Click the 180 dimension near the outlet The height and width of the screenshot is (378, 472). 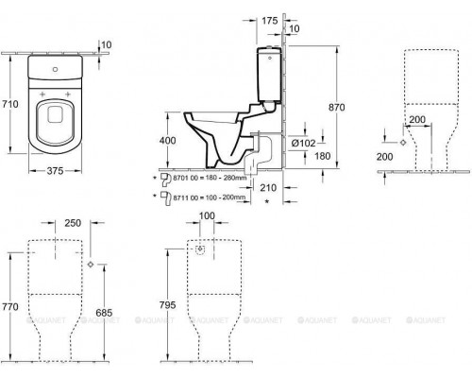[321, 156]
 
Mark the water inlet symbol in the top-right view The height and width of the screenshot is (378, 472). [404, 140]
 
